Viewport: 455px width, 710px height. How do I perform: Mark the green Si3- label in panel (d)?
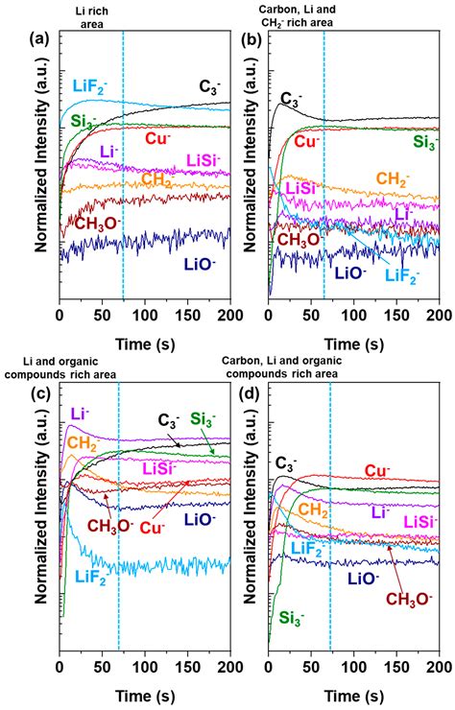point(286,618)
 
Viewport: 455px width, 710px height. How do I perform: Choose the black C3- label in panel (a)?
point(209,85)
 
